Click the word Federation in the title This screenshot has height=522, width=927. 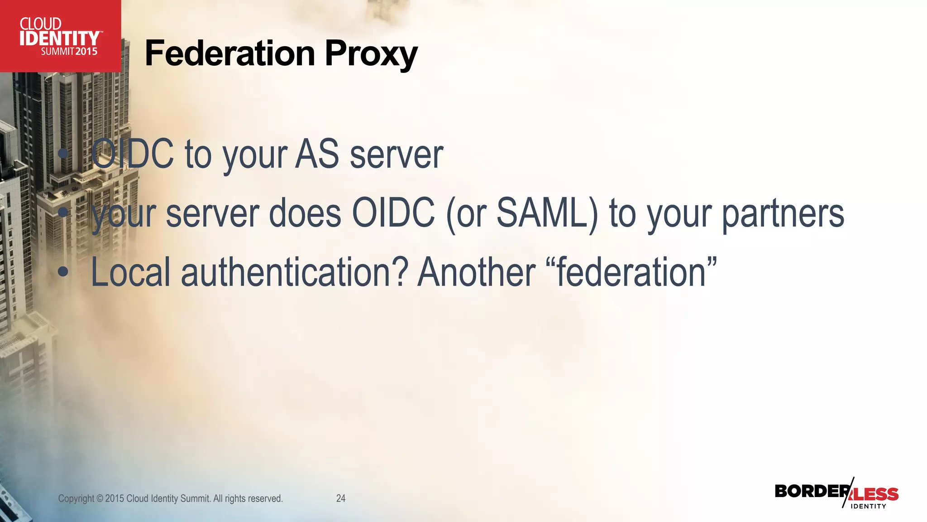click(229, 53)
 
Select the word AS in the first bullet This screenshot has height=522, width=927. click(317, 154)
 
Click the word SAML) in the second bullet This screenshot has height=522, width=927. click(547, 213)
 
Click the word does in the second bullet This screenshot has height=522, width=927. click(305, 213)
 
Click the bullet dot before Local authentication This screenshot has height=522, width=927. click(63, 272)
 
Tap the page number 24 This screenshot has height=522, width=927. click(341, 498)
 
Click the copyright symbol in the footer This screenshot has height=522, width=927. click(100, 498)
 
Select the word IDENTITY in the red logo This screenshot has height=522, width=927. click(59, 39)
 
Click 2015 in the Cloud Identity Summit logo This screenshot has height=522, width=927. click(86, 52)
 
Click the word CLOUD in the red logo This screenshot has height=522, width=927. click(40, 24)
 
